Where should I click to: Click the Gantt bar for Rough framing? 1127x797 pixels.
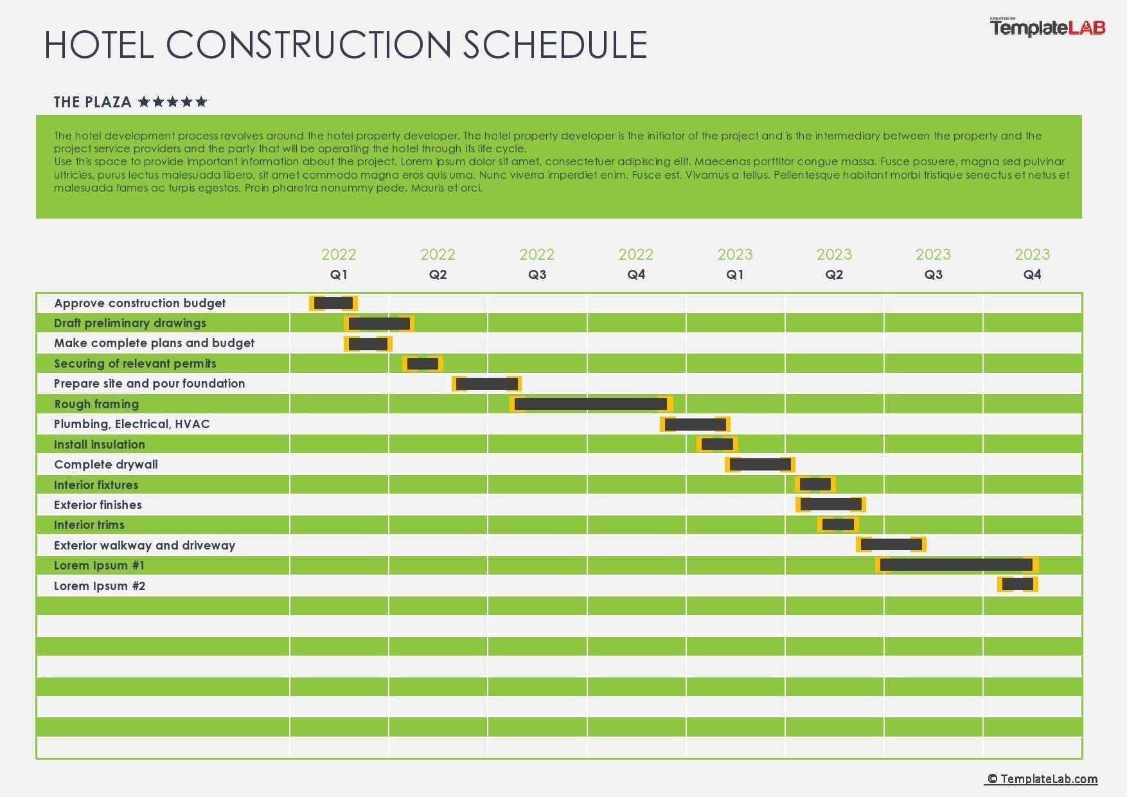click(x=591, y=404)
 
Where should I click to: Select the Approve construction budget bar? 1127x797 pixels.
click(x=333, y=303)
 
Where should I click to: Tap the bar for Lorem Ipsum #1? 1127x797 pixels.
click(x=956, y=565)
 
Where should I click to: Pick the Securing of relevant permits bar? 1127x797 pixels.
click(x=423, y=364)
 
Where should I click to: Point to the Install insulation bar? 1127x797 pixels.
click(x=717, y=444)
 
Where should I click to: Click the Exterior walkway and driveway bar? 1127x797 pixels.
click(x=891, y=544)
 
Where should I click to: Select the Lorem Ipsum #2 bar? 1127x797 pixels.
click(x=1018, y=584)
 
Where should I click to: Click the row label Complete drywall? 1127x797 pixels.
click(x=106, y=465)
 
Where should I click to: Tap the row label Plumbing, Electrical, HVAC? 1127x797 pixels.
click(x=132, y=424)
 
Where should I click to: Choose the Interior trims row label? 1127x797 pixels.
click(x=89, y=525)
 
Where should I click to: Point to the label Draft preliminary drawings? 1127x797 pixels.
click(x=130, y=323)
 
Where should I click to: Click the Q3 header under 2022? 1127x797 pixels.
click(x=537, y=274)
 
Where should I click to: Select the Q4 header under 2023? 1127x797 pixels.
click(x=1032, y=274)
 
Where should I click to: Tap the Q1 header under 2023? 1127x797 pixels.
click(x=735, y=274)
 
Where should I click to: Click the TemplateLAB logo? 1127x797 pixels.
click(x=1047, y=28)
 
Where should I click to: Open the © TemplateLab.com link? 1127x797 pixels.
click(x=1042, y=779)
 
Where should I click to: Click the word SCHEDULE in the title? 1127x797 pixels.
click(x=555, y=45)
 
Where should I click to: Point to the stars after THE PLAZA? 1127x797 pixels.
click(x=173, y=102)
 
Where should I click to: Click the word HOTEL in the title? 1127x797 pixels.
click(x=99, y=45)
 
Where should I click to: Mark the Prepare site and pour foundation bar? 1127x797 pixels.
click(x=486, y=384)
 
